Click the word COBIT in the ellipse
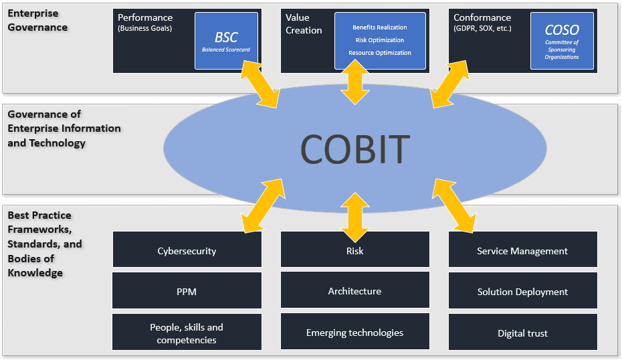point(354,148)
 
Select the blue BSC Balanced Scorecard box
point(226,41)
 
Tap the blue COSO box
point(562,41)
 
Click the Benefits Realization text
point(380,27)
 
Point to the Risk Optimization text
point(380,40)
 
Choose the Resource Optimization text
point(380,53)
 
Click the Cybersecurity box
point(187,251)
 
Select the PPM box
point(187,292)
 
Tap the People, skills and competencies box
point(187,333)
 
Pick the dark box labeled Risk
point(354,251)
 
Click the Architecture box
point(354,291)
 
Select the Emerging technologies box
point(354,333)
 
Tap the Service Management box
point(522,251)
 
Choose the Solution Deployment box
point(522,292)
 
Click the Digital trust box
point(522,333)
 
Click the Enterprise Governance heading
point(37,21)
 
